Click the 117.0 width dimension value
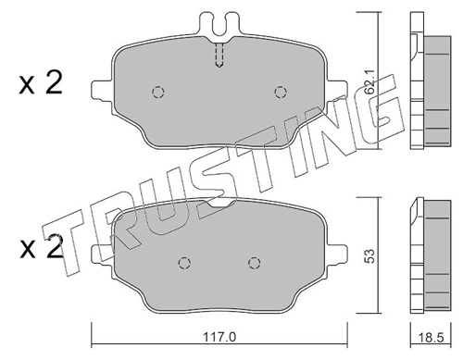click(219, 337)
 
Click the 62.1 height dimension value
click(369, 81)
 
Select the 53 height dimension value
click(369, 255)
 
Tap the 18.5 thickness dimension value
click(432, 338)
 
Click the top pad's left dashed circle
click(158, 92)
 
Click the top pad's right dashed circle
click(281, 92)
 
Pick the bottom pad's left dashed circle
click(184, 263)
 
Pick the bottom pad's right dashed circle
click(254, 263)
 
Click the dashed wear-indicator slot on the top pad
click(219, 55)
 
